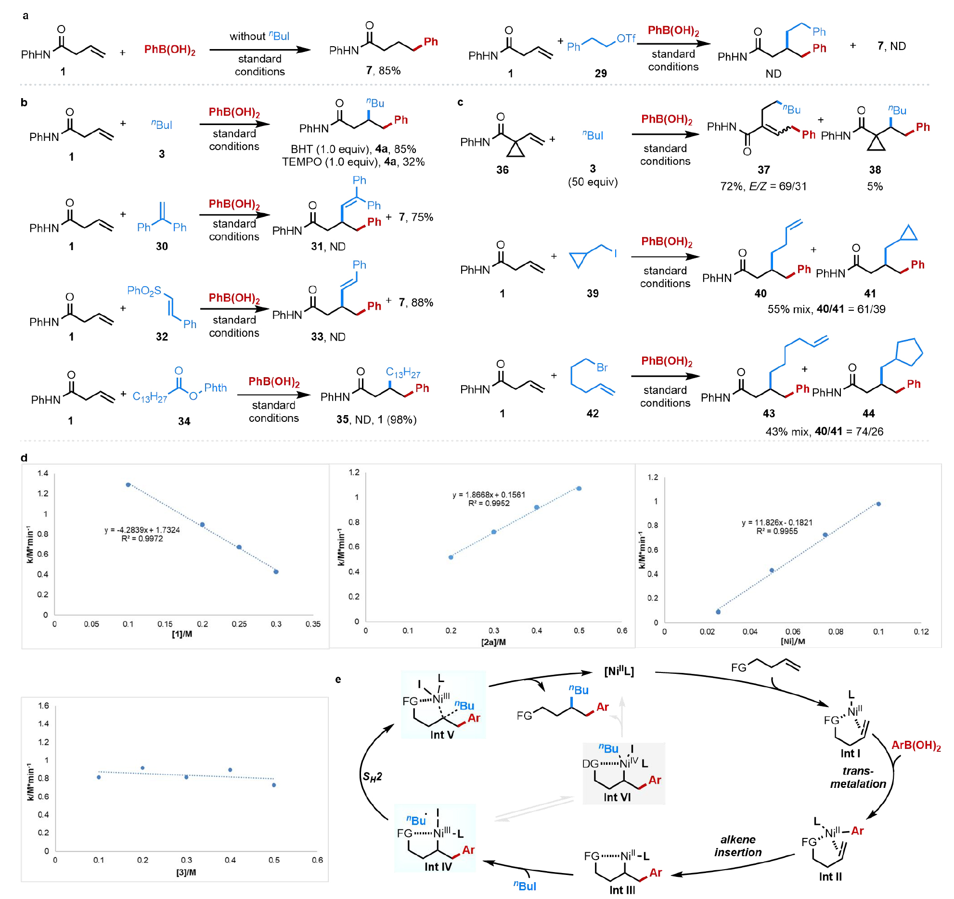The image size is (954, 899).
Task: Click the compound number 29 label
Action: coord(600,74)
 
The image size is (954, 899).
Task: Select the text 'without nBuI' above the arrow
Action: coord(259,36)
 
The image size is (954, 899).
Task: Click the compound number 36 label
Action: coord(502,170)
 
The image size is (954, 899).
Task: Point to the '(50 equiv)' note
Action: coord(593,182)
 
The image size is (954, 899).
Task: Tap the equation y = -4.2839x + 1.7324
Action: coord(142,530)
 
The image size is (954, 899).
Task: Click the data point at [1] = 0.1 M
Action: coord(128,485)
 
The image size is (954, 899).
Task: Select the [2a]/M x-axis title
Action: coord(493,642)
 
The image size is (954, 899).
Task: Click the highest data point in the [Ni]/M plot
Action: coord(878,504)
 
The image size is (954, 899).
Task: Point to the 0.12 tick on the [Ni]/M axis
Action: coord(921,632)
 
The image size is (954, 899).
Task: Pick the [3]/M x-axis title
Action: coord(186,872)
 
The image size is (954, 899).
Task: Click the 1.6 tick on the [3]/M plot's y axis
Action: coord(43,706)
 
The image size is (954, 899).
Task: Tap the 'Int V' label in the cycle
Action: coord(442,734)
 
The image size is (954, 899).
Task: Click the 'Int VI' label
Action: coord(617,797)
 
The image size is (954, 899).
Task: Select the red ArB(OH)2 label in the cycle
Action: coord(916,746)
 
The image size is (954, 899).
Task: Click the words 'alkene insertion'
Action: coord(738,846)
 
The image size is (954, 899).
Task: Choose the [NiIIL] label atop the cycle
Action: coord(619,671)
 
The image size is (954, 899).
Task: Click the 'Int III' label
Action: coord(622,890)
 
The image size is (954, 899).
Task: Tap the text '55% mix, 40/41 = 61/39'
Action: coord(826,309)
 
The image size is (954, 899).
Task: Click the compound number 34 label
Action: coord(184,421)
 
